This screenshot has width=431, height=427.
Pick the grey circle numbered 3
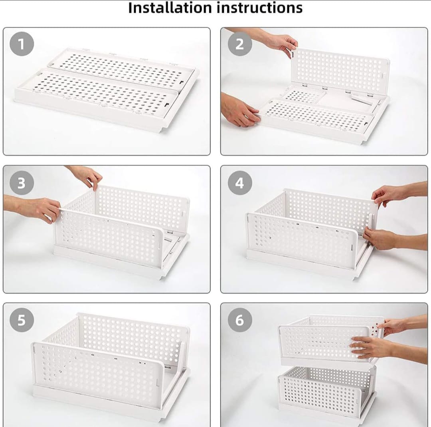[x=22, y=183]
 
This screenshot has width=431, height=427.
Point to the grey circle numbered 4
[x=239, y=183]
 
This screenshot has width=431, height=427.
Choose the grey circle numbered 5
[x=22, y=320]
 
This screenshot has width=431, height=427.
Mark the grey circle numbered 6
[x=239, y=320]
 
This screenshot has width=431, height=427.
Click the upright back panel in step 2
[x=339, y=70]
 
